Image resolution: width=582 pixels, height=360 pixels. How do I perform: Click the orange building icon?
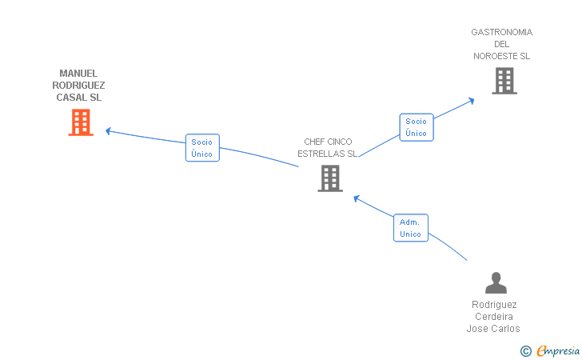pyautogui.click(x=81, y=122)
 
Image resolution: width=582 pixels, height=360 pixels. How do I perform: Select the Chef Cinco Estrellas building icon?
pyautogui.click(x=330, y=178)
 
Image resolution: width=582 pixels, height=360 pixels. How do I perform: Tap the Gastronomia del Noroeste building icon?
pyautogui.click(x=504, y=81)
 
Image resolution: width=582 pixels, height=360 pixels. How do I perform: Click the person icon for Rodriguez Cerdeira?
pyautogui.click(x=496, y=283)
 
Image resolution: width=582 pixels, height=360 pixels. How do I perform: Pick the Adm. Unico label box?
pyautogui.click(x=411, y=228)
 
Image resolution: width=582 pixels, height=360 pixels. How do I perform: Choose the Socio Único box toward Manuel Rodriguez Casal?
pyautogui.click(x=202, y=148)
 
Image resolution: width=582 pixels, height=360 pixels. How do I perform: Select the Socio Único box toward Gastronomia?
pyautogui.click(x=416, y=127)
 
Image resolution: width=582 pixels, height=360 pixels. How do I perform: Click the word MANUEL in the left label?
pyautogui.click(x=78, y=74)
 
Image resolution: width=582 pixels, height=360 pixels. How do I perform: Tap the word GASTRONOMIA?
pyautogui.click(x=501, y=33)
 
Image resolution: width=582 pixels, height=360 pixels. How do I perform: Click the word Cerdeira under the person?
pyautogui.click(x=494, y=317)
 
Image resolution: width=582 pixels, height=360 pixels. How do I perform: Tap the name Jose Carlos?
pyautogui.click(x=493, y=329)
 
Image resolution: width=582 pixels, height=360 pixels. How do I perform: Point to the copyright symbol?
pyautogui.click(x=525, y=350)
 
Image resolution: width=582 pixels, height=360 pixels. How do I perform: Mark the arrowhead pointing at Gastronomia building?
pyautogui.click(x=472, y=101)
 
